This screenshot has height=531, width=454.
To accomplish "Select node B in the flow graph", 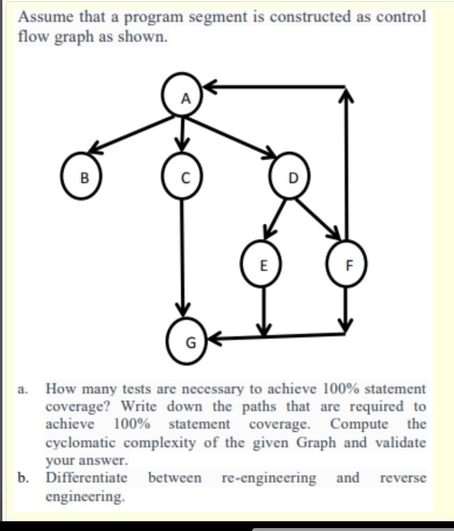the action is point(84,176).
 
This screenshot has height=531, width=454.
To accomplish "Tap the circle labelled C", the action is point(183,177).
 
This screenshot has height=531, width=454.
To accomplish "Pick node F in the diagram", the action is point(347,266).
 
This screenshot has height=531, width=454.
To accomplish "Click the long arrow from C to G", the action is point(183,254).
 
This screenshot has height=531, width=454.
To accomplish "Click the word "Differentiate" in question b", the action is point(87,477).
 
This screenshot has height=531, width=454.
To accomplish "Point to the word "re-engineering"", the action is point(269,477).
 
